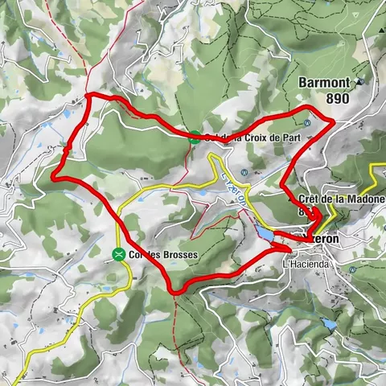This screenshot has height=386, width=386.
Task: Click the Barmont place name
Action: coord(325,82)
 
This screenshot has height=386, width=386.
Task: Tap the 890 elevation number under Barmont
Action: coord(339,98)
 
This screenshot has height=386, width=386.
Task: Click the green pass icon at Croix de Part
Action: coord(195,137)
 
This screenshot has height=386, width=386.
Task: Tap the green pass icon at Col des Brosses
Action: coord(119,255)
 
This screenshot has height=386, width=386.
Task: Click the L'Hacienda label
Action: coord(307,264)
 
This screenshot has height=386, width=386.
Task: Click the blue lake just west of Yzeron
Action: coord(264,233)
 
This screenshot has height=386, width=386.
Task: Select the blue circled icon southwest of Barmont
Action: coord(308,123)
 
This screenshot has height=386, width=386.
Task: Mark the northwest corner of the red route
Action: coord(88,97)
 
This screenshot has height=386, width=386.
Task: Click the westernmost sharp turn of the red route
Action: coord(54,175)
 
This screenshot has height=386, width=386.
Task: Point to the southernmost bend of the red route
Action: coord(175,291)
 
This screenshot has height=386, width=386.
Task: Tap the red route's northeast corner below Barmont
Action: coord(333,120)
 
